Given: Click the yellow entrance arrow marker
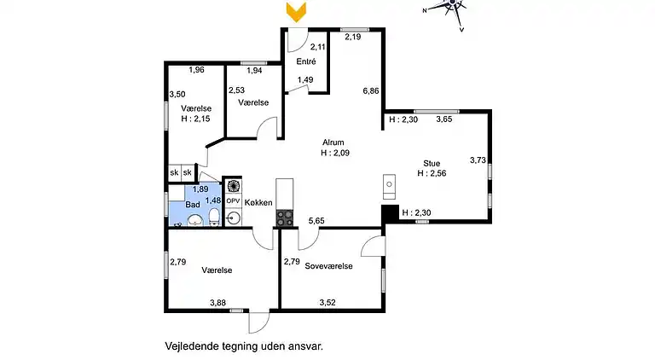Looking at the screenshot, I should click(296, 12).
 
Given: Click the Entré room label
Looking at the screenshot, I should click(306, 61).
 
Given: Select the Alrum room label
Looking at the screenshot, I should click(333, 142).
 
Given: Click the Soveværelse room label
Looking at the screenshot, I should click(328, 265).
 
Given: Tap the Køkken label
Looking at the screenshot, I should click(258, 202).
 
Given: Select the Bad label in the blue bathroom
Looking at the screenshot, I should click(192, 206).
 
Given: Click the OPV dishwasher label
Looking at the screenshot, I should click(233, 200).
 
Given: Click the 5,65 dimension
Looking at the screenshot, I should click(316, 220).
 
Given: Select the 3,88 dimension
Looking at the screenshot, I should click(219, 302).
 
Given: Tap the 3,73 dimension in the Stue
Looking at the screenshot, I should click(478, 160).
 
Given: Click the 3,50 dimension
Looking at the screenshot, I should click(177, 95).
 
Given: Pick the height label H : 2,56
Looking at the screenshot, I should click(432, 172).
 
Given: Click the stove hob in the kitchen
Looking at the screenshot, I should click(284, 218).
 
